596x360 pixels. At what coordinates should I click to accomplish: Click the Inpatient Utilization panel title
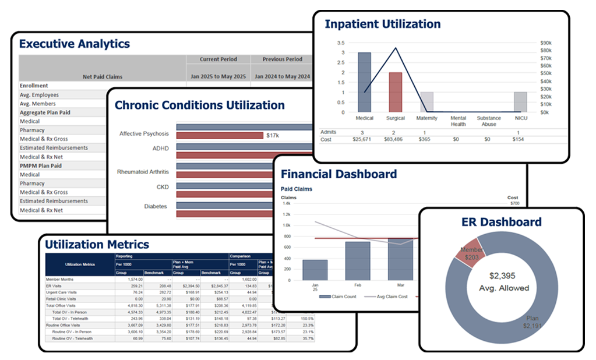click(x=382, y=24)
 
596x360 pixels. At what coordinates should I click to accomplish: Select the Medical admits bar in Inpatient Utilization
click(x=364, y=82)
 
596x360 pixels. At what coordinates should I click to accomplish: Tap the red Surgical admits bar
click(x=396, y=92)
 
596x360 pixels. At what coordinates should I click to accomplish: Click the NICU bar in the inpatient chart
click(x=520, y=102)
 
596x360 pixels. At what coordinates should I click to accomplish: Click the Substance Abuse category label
click(x=489, y=121)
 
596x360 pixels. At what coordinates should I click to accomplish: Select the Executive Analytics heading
click(x=75, y=44)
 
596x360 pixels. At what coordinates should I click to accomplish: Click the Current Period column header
click(x=218, y=59)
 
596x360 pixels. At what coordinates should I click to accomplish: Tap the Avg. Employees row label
click(x=39, y=95)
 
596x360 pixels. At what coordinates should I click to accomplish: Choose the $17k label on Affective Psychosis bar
click(x=273, y=135)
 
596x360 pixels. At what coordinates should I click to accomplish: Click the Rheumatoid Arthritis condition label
click(x=143, y=172)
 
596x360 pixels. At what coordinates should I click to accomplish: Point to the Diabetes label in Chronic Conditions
click(x=156, y=206)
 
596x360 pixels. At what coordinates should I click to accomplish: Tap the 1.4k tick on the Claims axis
click(x=286, y=203)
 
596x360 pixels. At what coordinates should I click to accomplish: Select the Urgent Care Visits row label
click(x=65, y=292)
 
